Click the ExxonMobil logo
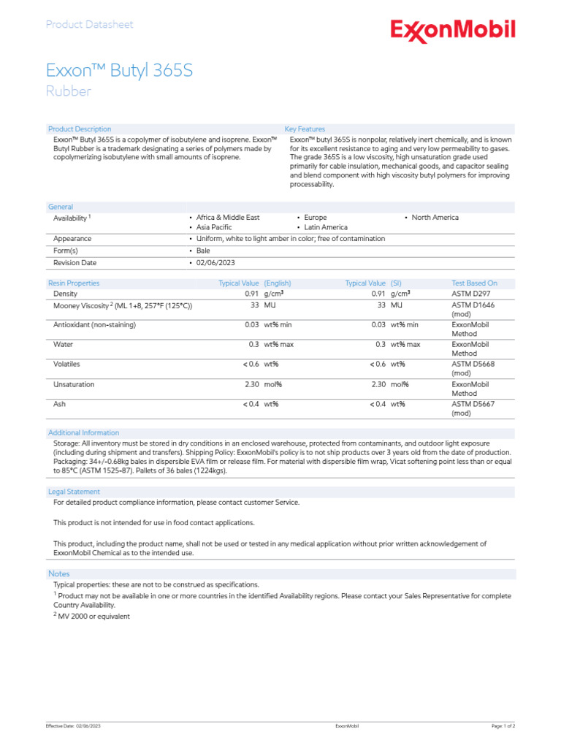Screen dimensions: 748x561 pyautogui.click(x=453, y=31)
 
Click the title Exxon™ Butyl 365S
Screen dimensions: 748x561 pyautogui.click(x=119, y=71)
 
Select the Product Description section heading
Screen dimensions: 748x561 pyautogui.click(x=80, y=129)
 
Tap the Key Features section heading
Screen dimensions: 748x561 pyautogui.click(x=305, y=129)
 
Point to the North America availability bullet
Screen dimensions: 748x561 pyautogui.click(x=435, y=218)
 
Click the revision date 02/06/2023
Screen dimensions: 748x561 pyautogui.click(x=215, y=262)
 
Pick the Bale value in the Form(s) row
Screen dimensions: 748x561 pyautogui.click(x=202, y=251)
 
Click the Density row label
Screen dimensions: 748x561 pyautogui.click(x=66, y=294)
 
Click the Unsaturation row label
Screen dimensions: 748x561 pyautogui.click(x=74, y=384)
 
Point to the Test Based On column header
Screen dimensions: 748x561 pyautogui.click(x=474, y=283)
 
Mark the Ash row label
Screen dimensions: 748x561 pyautogui.click(x=59, y=403)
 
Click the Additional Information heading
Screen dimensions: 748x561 pyautogui.click(x=83, y=432)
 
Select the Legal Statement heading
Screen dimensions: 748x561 pyautogui.click(x=74, y=492)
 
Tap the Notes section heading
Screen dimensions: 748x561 pyautogui.click(x=58, y=573)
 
